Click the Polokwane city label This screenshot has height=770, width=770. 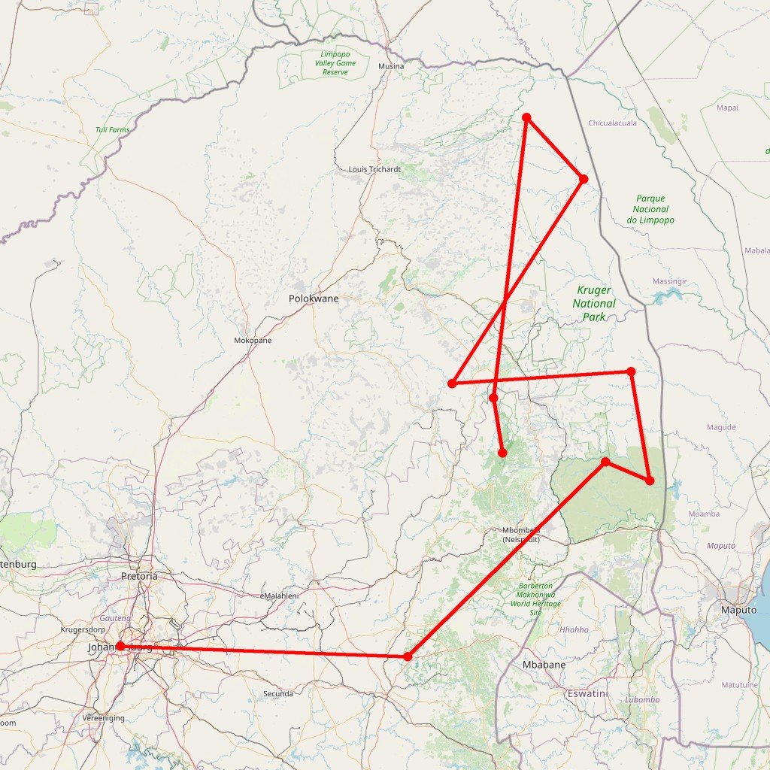coord(314,299)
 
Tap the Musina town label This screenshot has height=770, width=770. coord(391,66)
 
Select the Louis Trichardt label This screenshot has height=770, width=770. coord(374,169)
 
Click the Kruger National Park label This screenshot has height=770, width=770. coord(594,304)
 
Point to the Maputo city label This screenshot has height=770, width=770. coord(738,610)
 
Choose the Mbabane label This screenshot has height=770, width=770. coord(544,665)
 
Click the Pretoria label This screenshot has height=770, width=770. coord(139,576)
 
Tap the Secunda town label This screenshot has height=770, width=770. coord(278,693)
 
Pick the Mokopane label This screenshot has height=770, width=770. coord(253,340)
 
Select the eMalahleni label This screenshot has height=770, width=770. coord(279,596)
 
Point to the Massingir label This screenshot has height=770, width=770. coord(669,281)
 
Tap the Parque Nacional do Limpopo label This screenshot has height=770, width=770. coord(650,210)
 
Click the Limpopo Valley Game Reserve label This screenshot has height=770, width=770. coord(335,63)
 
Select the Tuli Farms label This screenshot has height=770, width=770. coord(112,130)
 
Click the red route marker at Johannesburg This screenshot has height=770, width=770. coord(120,646)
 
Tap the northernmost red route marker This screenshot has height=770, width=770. coord(526,117)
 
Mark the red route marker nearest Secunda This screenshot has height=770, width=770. coord(408,656)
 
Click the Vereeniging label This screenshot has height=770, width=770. coord(104,718)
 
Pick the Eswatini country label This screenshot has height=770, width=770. coord(587,693)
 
